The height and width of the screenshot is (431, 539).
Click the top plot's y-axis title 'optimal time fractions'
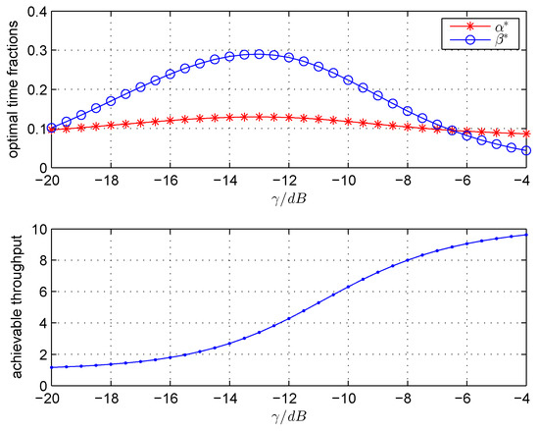coord(11,89)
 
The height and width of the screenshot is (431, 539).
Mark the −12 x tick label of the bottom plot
coord(287,398)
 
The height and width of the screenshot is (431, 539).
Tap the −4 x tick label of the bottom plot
coord(526,398)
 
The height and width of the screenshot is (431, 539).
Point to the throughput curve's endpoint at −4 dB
coord(528,235)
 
